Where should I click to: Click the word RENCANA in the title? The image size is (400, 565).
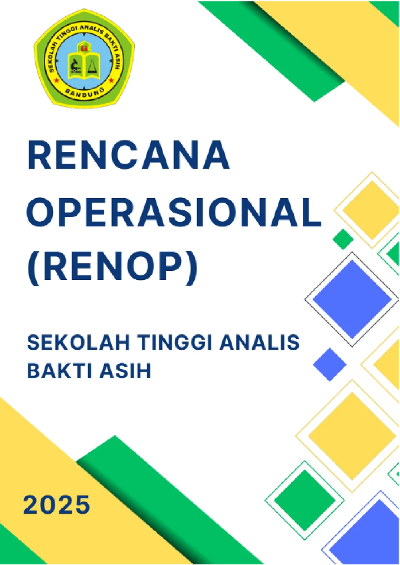pyautogui.click(x=129, y=155)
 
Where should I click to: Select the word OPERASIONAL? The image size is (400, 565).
pyautogui.click(x=174, y=213)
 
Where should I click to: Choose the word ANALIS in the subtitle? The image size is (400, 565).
pyautogui.click(x=259, y=343)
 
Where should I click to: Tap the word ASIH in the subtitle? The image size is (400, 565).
pyautogui.click(x=125, y=371)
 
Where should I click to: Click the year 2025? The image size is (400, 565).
pyautogui.click(x=57, y=505)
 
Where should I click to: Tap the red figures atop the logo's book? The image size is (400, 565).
pyautogui.click(x=84, y=48)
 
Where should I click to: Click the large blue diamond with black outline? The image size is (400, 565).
pyautogui.click(x=352, y=299)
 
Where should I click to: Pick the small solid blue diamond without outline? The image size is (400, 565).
pyautogui.click(x=330, y=364)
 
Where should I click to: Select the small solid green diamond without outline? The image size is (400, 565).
pyautogui.click(x=343, y=239)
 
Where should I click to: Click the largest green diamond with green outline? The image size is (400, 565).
pyautogui.click(x=305, y=500)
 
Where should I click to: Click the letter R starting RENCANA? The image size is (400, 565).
pyautogui.click(x=39, y=155)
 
